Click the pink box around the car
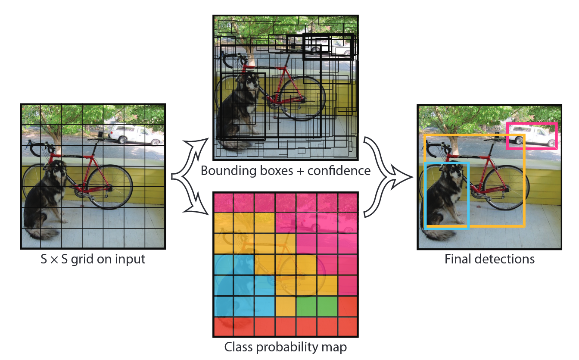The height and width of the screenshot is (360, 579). (x=532, y=124)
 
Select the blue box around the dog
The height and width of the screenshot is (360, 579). (x=426, y=194)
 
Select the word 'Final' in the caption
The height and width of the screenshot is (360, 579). (x=458, y=259)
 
